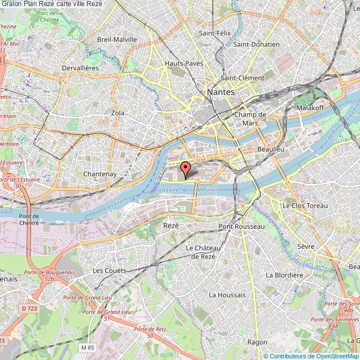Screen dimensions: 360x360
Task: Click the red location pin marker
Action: point(186,167)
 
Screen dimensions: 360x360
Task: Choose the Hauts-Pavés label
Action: point(184,64)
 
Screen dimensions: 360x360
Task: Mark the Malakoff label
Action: point(310,107)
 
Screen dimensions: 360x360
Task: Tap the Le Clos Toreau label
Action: point(305,205)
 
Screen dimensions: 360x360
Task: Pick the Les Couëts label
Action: point(109,270)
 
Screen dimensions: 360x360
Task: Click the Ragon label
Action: point(257,342)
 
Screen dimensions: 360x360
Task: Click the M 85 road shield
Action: point(86,347)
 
